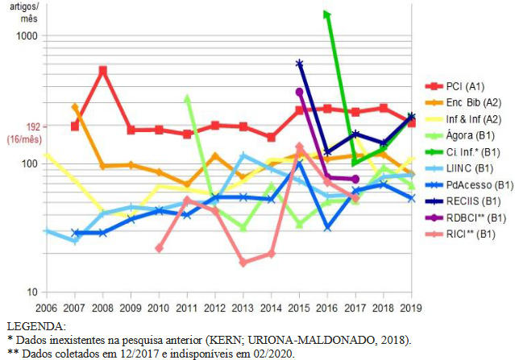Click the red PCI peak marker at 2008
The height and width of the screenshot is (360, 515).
pos(103,71)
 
